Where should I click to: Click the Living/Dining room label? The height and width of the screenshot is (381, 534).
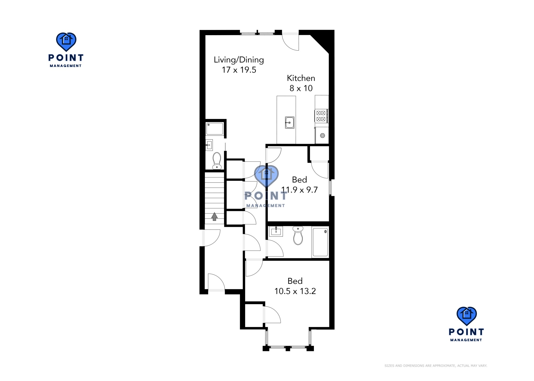click(239, 60)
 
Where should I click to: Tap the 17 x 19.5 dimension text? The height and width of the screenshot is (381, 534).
click(239, 70)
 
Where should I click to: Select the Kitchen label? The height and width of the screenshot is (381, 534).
click(301, 78)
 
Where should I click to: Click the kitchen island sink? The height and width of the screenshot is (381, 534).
click(289, 122)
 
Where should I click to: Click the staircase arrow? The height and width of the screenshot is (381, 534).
click(214, 216)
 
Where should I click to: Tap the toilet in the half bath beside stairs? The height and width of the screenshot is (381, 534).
click(217, 161)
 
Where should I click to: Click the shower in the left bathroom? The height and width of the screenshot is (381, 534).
click(215, 129)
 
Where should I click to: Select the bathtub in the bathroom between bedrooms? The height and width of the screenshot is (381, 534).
click(320, 242)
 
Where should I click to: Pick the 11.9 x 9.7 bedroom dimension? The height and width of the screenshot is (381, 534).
click(299, 190)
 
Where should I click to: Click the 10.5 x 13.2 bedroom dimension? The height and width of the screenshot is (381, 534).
click(295, 291)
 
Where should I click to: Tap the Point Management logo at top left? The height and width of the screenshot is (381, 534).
click(66, 49)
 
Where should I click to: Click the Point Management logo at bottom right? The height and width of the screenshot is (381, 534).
click(466, 324)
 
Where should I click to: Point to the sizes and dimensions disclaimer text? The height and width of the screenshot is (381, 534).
click(435, 366)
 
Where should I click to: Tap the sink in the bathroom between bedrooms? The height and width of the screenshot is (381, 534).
click(276, 231)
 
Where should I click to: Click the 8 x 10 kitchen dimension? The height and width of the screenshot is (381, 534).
click(301, 88)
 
